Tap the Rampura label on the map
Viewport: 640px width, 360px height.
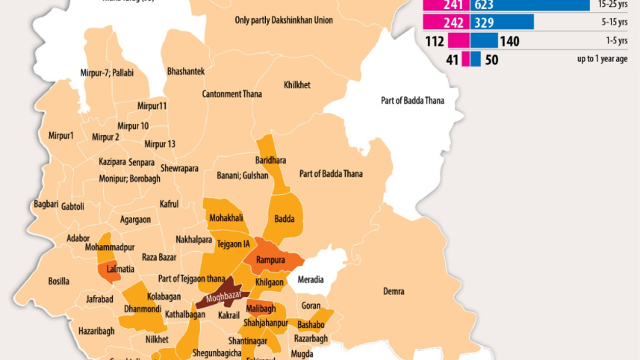pos(270,260)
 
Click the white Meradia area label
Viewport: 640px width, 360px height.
pos(311,279)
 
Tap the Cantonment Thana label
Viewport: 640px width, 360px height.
pos(232,94)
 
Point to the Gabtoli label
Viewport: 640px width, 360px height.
pos(72,206)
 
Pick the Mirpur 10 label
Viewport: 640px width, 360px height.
pos(133,125)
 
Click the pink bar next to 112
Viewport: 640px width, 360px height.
pos(459,41)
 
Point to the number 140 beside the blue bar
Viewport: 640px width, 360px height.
pos(509,41)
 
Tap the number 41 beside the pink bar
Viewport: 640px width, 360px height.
pos(451,60)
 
